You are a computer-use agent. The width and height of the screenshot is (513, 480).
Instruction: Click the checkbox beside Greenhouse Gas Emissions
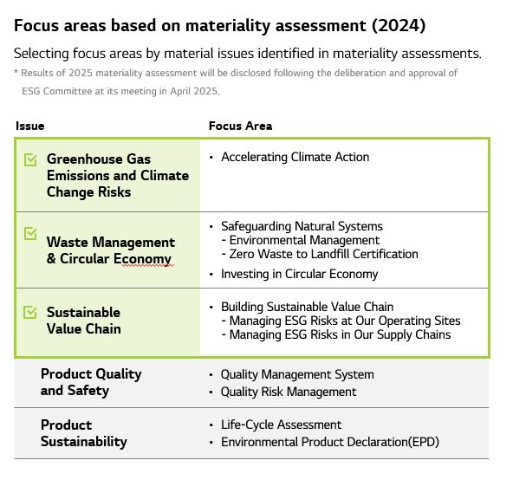pos(30,159)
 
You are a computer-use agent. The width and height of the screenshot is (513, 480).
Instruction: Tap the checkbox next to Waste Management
pos(30,233)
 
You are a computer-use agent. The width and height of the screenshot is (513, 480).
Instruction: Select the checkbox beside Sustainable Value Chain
pos(30,312)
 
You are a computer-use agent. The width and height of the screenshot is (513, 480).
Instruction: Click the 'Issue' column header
pos(30,126)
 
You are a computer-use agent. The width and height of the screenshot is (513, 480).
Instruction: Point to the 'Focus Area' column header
pos(241,126)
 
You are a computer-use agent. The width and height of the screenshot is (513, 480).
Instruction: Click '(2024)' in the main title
pos(399,25)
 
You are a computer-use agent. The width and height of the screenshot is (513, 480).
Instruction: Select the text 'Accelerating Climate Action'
pos(295,157)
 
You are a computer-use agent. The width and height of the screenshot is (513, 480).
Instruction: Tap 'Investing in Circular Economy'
pos(299,274)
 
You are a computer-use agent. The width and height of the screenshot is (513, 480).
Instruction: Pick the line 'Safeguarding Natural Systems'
pos(302,226)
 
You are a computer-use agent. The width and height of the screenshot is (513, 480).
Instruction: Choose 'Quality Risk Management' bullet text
pos(289,392)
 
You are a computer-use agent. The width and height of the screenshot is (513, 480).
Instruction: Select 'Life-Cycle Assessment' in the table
pos(281,425)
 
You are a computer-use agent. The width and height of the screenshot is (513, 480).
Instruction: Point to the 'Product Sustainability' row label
pos(84,433)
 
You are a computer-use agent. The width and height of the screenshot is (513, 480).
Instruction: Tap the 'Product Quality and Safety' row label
pos(91,382)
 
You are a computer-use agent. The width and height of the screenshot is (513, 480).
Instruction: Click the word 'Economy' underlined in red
pos(142,259)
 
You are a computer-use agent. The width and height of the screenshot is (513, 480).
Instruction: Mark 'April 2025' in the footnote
pos(194,91)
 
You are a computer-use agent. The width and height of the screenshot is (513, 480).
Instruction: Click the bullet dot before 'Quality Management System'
pos(211,375)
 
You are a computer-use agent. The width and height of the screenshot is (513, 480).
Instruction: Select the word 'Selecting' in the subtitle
pos(42,54)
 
